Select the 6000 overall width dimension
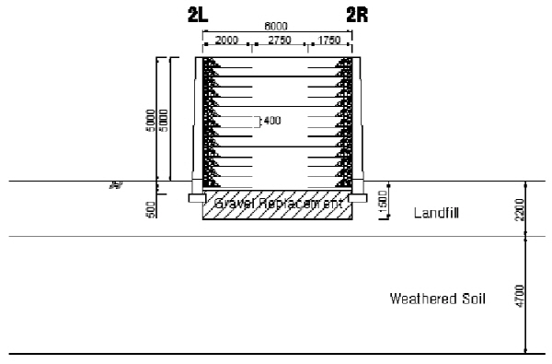point(277,29)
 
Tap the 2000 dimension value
point(226,41)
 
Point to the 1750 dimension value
point(330,41)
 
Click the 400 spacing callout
point(271,121)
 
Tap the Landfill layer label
point(436,213)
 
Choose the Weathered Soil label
point(436,299)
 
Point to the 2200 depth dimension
point(521,209)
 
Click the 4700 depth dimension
point(521,296)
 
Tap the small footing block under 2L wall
point(195,197)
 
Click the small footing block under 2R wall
point(357,197)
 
